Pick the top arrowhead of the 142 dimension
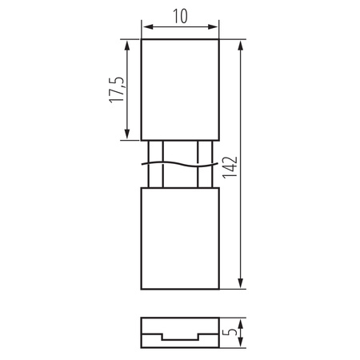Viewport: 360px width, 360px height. (240, 43)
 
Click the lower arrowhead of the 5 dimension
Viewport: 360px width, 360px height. (240, 346)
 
